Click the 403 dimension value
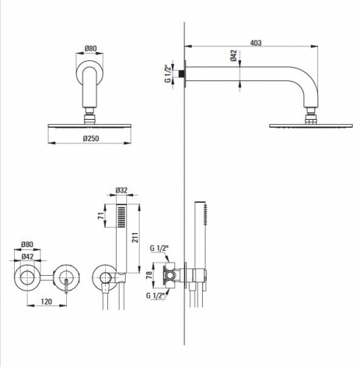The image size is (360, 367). click(256, 43)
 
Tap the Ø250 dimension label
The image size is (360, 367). click(91, 138)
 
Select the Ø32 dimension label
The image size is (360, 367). click(121, 190)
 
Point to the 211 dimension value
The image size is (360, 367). click(135, 238)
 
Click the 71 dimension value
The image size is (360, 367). click(101, 216)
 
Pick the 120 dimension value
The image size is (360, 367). click(46, 302)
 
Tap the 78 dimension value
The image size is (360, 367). click(149, 275)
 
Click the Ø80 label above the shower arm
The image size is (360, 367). click(90, 49)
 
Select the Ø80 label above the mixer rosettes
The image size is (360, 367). click(27, 244)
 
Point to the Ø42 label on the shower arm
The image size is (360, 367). click(234, 56)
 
